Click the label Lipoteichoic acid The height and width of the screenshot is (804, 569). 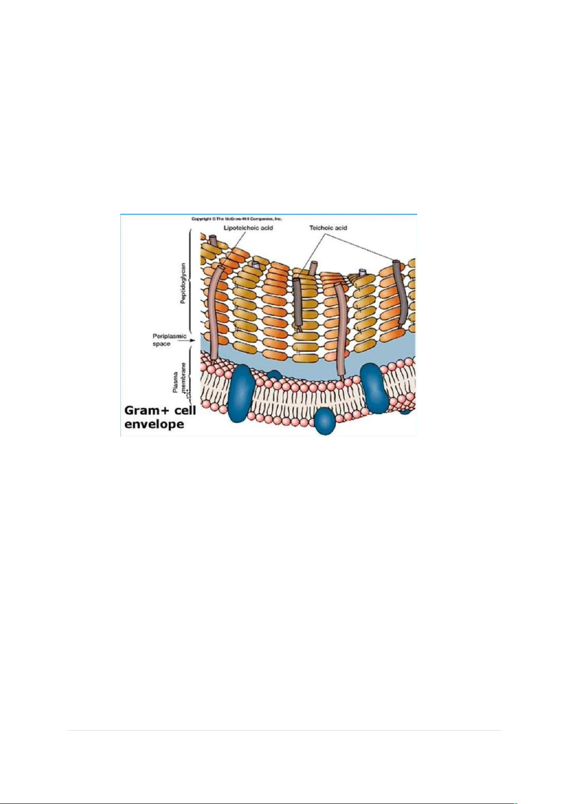tap(248, 228)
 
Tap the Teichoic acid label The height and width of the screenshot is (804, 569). tap(328, 228)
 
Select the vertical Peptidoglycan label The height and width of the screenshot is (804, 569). tap(183, 283)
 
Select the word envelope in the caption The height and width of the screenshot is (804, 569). tap(154, 425)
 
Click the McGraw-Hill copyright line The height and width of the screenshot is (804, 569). tap(237, 219)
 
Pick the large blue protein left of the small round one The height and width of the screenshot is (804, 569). tap(240, 393)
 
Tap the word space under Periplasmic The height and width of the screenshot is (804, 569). tap(161, 344)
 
